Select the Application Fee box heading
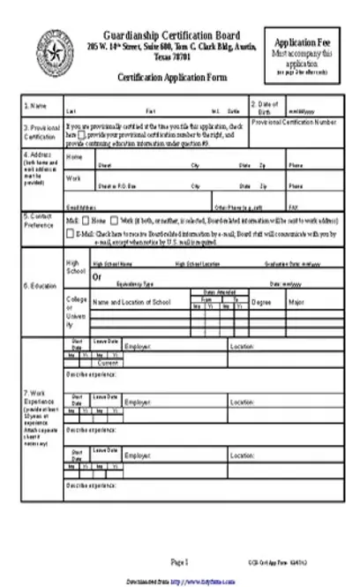pos(303,43)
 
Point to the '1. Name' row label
pos(35,106)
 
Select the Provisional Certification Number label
pos(294,122)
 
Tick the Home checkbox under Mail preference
pos(86,219)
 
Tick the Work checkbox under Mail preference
pos(115,219)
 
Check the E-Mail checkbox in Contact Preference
pos(70,234)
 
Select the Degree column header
pos(261,302)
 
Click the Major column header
pos(295,302)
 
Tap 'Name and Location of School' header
pos(134,302)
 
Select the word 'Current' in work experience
pos(109,364)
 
